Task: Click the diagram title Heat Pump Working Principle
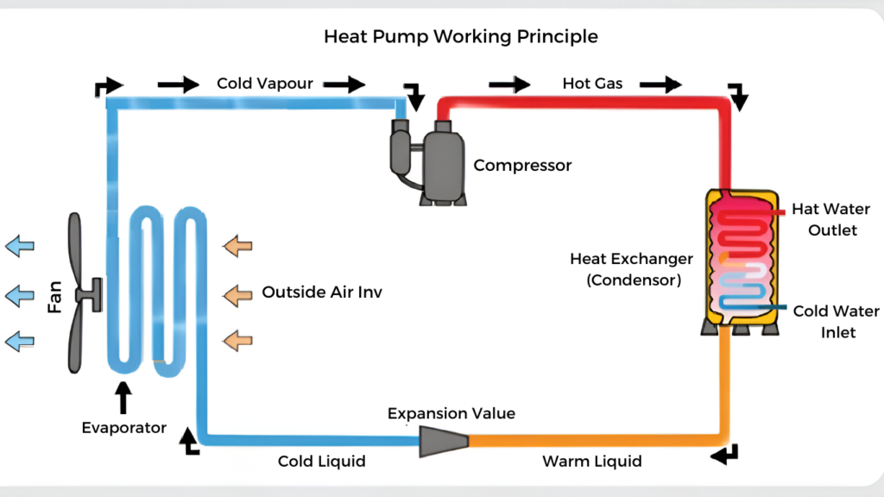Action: click(x=460, y=37)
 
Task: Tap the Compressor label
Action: click(x=522, y=165)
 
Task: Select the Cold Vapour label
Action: click(x=264, y=84)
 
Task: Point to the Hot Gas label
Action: click(x=592, y=84)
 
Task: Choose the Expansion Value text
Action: click(x=451, y=413)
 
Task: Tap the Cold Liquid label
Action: click(x=321, y=462)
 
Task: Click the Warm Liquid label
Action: click(x=591, y=462)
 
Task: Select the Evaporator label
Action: click(x=123, y=428)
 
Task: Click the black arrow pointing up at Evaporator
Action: click(x=123, y=396)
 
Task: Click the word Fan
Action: click(x=54, y=295)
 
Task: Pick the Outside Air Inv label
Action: click(x=322, y=293)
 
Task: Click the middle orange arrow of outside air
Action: click(x=237, y=296)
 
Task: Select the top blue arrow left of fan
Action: click(x=19, y=247)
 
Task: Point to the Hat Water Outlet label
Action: click(x=830, y=220)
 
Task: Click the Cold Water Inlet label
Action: click(x=836, y=321)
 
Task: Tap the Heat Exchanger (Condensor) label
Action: click(x=631, y=269)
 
